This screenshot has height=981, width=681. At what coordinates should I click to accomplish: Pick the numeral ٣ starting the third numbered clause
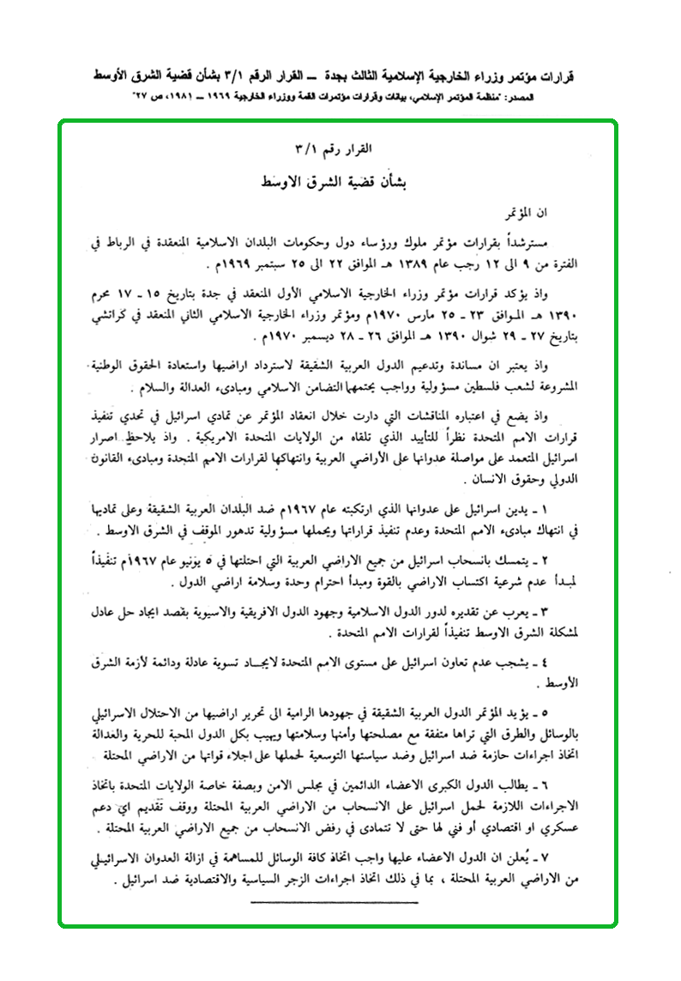[600, 614]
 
